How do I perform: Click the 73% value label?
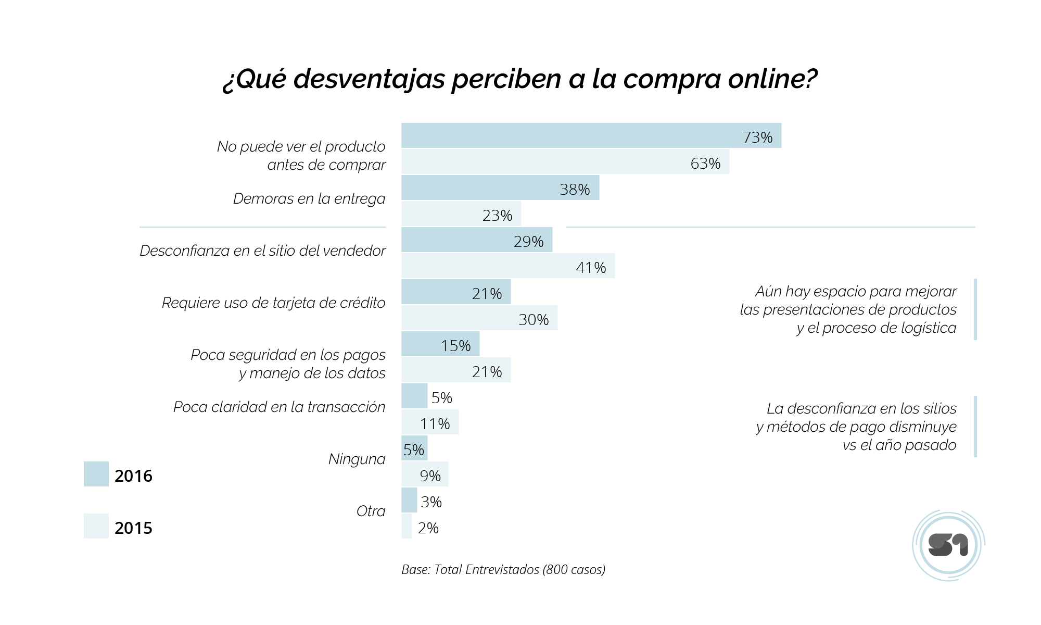click(x=757, y=137)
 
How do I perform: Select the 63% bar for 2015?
click(x=565, y=162)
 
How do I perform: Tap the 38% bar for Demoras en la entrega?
click(x=500, y=188)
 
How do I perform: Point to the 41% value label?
click(x=591, y=268)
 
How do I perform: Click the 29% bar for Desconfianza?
click(x=476, y=240)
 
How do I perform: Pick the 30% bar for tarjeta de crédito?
click(x=479, y=318)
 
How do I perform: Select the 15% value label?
click(x=455, y=346)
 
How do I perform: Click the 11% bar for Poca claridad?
click(x=429, y=422)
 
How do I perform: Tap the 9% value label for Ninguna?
click(x=430, y=476)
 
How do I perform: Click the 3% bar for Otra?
click(x=409, y=501)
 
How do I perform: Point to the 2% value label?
click(x=428, y=528)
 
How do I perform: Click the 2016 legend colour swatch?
click(x=96, y=474)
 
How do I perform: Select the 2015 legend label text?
click(x=133, y=528)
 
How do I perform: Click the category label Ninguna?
click(x=357, y=459)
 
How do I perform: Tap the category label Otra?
click(x=371, y=511)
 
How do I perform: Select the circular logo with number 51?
click(x=948, y=545)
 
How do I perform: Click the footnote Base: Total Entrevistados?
click(x=503, y=569)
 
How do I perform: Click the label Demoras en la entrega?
click(x=309, y=198)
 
